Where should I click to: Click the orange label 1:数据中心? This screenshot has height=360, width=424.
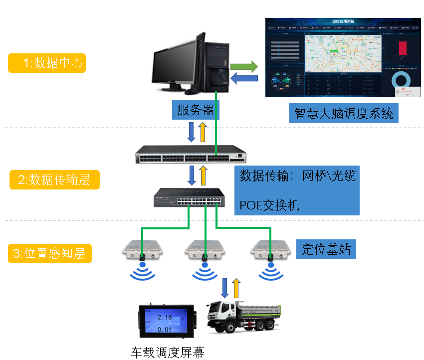(x=47, y=63)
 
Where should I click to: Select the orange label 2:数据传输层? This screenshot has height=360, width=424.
(x=54, y=180)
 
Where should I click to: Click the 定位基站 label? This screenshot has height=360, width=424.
(x=326, y=249)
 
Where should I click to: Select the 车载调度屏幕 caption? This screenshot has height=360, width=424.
(x=167, y=353)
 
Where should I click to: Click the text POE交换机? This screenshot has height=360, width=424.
(x=270, y=205)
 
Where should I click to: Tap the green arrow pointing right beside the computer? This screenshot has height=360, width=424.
(x=244, y=66)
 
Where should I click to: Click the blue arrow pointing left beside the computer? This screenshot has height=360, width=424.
(x=244, y=78)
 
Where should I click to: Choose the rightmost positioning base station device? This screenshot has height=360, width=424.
(x=269, y=249)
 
